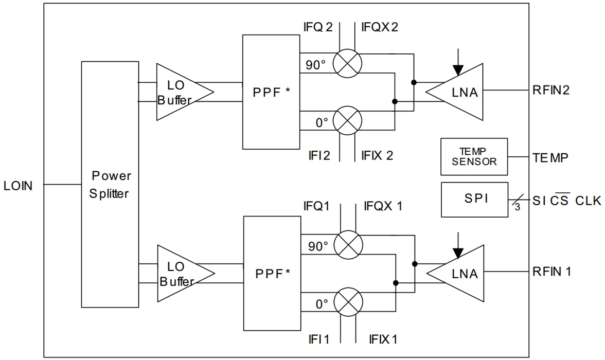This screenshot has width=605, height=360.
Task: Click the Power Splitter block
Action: click(110, 184)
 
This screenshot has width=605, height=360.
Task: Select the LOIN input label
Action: click(18, 186)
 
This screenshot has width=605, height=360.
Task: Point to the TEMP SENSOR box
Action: click(474, 156)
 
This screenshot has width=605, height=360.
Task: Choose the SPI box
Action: click(474, 199)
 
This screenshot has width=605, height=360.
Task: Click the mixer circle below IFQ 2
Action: click(347, 63)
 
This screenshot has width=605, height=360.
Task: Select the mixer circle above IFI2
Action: click(347, 121)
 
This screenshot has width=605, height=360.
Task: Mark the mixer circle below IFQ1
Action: click(348, 244)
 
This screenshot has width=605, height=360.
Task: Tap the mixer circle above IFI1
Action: click(348, 302)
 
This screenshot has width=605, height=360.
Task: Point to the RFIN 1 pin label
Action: click(551, 272)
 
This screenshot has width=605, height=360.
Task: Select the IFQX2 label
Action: click(380, 27)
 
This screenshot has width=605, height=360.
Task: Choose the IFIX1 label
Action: click(383, 339)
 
